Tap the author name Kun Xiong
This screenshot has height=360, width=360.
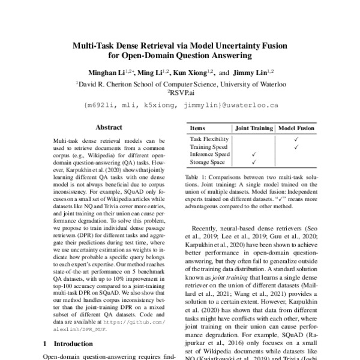pos(190,73)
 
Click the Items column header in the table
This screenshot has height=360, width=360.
pos(197,128)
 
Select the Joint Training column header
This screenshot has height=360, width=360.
pos(253,128)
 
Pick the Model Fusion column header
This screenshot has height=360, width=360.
pos(298,128)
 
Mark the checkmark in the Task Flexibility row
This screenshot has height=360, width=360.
pos(296,139)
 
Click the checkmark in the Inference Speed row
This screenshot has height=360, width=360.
pos(253,154)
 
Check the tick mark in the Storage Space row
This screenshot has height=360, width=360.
pos(253,161)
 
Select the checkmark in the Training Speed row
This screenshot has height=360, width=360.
pos(296,146)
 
